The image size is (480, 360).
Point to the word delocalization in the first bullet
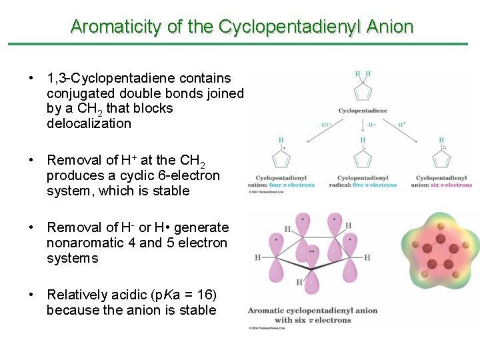pyautogui.click(x=89, y=123)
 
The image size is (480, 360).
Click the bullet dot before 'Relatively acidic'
pyautogui.click(x=31, y=295)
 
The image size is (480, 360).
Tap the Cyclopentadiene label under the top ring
pyautogui.click(x=363, y=110)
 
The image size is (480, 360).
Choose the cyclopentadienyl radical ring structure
pyautogui.click(x=363, y=159)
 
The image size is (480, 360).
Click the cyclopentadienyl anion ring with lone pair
pyautogui.click(x=441, y=159)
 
